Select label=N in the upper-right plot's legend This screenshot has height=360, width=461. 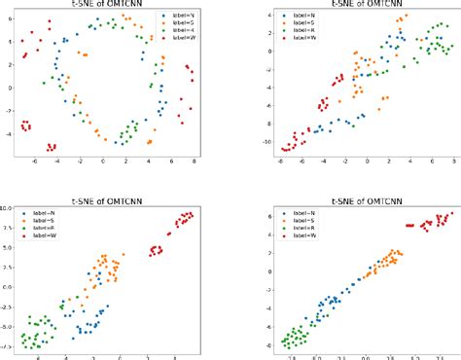click(x=308, y=17)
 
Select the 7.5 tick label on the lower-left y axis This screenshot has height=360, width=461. click(x=8, y=229)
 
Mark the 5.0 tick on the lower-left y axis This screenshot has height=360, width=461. click(x=8, y=250)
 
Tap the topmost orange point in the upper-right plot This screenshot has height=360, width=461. click(x=405, y=17)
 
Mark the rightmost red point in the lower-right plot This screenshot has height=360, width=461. click(x=450, y=215)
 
